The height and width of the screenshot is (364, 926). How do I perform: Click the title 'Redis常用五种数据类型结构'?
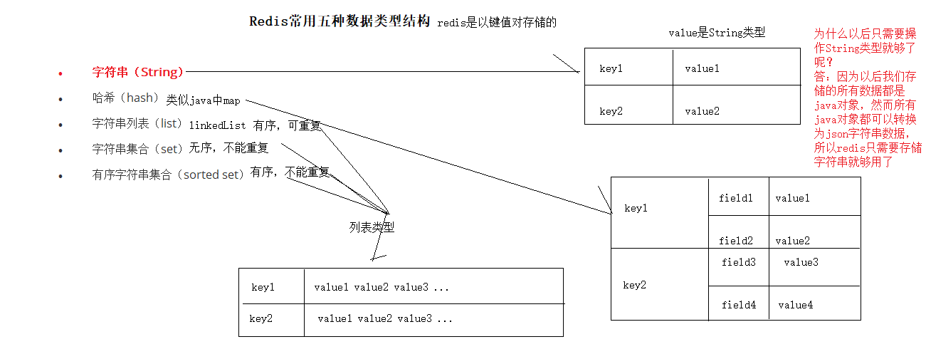coord(340,21)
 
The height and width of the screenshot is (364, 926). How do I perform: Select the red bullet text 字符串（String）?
coord(138,72)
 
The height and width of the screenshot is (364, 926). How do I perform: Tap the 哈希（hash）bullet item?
coord(125,98)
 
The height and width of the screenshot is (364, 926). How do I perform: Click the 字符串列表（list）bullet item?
coord(138,123)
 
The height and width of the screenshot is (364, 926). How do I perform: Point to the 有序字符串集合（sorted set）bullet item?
coord(169,175)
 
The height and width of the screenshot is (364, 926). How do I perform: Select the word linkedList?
coord(217,125)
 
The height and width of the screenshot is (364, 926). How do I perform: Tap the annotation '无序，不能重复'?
coord(228,149)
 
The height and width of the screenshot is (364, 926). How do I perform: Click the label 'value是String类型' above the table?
coord(716,33)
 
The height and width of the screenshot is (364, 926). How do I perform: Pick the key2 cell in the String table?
coord(611,111)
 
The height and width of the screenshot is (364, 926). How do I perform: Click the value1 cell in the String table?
coord(702,68)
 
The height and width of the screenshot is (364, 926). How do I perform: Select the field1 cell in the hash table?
coord(736,198)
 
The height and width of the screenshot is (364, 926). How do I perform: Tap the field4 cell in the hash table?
coord(739,305)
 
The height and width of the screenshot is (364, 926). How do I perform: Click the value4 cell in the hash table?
coord(795,305)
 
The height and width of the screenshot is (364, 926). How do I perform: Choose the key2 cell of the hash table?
coord(634,285)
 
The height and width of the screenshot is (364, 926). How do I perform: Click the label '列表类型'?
coord(372,227)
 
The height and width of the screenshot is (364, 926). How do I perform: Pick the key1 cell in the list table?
coord(263,287)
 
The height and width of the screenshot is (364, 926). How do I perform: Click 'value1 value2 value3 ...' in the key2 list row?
coord(385,318)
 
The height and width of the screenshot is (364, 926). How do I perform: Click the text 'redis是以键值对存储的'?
coord(496,23)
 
